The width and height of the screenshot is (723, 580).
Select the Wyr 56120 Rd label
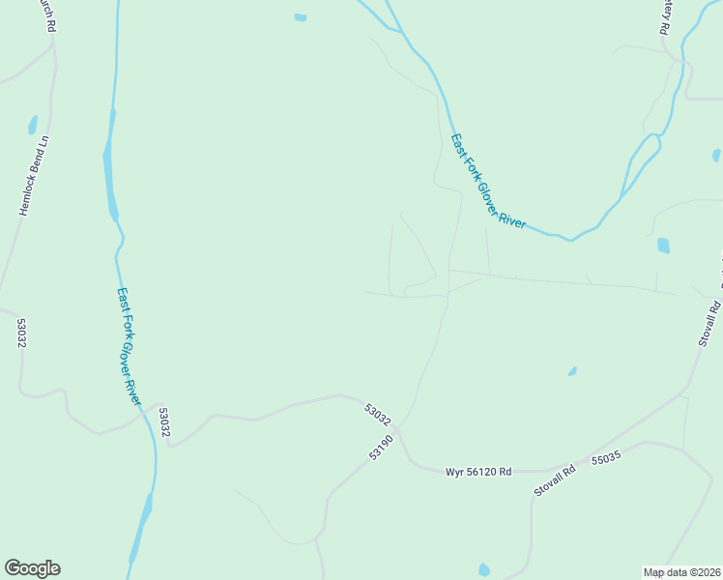point(477,472)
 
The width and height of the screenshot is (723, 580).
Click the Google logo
point(32,568)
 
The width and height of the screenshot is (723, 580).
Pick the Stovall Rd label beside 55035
point(555,480)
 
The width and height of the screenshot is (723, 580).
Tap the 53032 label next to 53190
point(378,415)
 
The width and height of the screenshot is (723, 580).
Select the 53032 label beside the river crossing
point(164,421)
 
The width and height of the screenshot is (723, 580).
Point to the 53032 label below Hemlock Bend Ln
point(20,333)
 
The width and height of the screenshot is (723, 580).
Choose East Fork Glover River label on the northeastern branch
point(488,182)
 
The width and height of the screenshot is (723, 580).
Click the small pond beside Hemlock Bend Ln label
point(33,125)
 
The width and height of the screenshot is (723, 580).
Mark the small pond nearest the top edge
point(301,17)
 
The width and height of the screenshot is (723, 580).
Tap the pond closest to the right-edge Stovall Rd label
point(663,246)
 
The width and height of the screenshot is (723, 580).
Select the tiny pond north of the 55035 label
point(572,371)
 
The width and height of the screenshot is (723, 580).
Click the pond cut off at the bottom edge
point(484,570)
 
